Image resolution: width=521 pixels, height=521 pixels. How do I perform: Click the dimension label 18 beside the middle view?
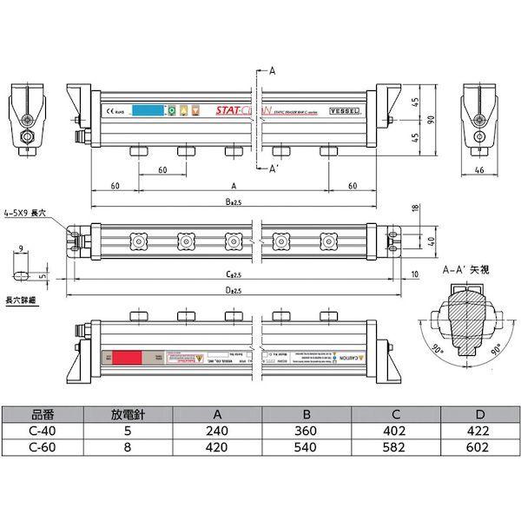point(414,208)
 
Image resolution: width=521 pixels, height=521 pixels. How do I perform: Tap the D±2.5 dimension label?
point(233,288)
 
